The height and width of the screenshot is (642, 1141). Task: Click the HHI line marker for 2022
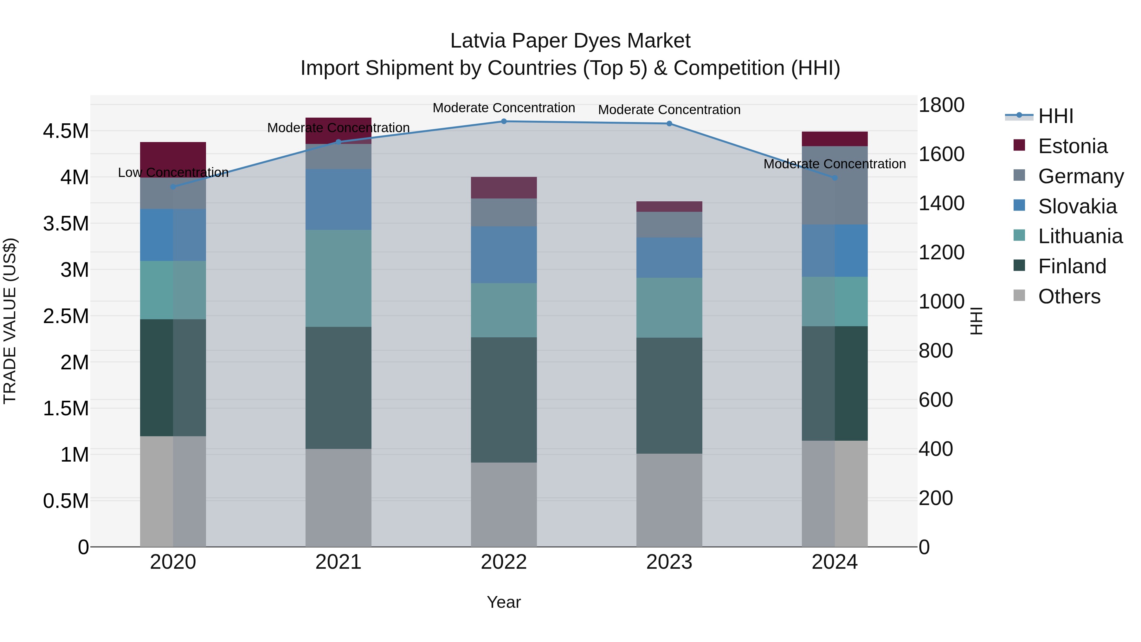click(504, 121)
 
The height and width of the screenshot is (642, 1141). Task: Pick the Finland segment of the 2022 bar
click(504, 400)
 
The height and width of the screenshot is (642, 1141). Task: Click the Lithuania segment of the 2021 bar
click(338, 278)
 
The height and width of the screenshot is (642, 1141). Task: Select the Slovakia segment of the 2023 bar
click(669, 257)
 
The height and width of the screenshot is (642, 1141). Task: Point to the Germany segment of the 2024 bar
click(835, 185)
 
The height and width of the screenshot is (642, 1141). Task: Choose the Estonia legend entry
click(1072, 146)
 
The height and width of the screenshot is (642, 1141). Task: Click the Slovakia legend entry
click(1077, 206)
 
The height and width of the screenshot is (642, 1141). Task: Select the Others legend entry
click(1069, 296)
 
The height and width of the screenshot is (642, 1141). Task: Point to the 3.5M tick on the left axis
click(66, 223)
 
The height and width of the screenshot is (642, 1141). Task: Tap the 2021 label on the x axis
click(338, 562)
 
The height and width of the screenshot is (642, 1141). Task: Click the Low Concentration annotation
click(173, 172)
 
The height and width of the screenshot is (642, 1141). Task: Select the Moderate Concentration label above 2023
click(669, 109)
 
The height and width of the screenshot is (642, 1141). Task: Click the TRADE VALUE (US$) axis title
click(10, 321)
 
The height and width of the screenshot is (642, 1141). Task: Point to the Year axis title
click(504, 602)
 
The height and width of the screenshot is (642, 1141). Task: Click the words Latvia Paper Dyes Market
click(570, 41)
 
